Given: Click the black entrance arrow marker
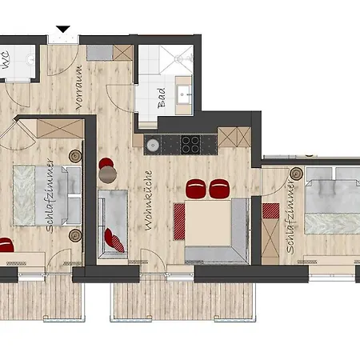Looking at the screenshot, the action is [63, 29].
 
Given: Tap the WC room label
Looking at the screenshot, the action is [6, 60].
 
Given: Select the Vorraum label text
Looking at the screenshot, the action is [79, 87].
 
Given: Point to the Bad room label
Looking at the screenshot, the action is [162, 98].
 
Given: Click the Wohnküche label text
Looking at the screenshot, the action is [149, 201].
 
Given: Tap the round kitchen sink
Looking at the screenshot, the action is [153, 145].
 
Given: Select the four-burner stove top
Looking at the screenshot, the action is [190, 145].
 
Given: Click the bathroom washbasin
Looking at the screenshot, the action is [183, 94].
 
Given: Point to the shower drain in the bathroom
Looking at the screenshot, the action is [178, 57].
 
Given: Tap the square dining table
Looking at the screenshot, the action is [208, 223].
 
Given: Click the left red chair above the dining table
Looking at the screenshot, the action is [196, 189].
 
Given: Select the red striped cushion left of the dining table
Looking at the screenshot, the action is [179, 222].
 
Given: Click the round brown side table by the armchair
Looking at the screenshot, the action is [108, 174].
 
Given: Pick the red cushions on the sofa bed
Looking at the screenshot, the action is [114, 240].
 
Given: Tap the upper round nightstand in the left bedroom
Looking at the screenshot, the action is [75, 156].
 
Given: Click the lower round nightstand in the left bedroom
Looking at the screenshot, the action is [75, 235].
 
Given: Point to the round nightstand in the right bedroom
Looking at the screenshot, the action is [296, 174].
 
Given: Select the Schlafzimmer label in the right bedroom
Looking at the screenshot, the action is [290, 217].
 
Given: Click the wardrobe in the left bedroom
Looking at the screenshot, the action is [60, 129].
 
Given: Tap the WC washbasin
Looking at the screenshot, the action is [31, 59].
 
